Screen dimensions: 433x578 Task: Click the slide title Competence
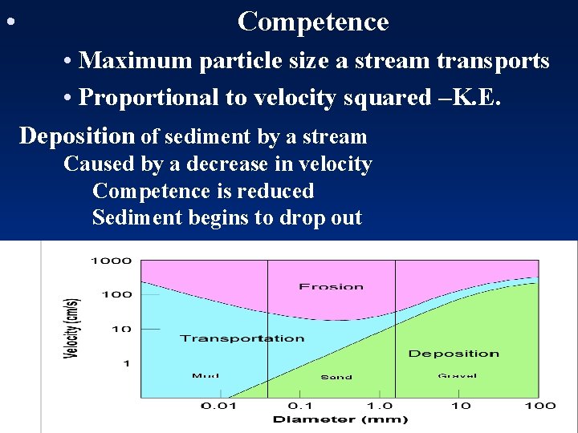click(313, 22)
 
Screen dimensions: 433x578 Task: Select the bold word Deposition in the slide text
click(77, 136)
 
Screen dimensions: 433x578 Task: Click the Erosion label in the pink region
click(331, 286)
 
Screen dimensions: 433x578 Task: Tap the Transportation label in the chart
click(242, 338)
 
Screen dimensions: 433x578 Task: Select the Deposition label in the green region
click(454, 354)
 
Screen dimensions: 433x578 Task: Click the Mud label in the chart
click(206, 375)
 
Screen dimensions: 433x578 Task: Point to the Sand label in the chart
click(336, 377)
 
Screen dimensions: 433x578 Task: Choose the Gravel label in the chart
click(457, 375)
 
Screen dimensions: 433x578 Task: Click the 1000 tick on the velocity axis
click(111, 261)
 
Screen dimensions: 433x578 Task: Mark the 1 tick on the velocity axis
click(125, 363)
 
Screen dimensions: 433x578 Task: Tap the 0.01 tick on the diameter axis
click(218, 406)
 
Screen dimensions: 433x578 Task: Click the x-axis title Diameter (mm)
click(340, 419)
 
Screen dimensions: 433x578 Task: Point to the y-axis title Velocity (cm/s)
click(72, 328)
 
